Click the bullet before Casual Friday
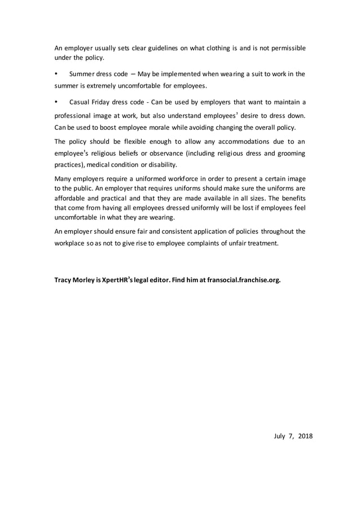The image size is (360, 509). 56,102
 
